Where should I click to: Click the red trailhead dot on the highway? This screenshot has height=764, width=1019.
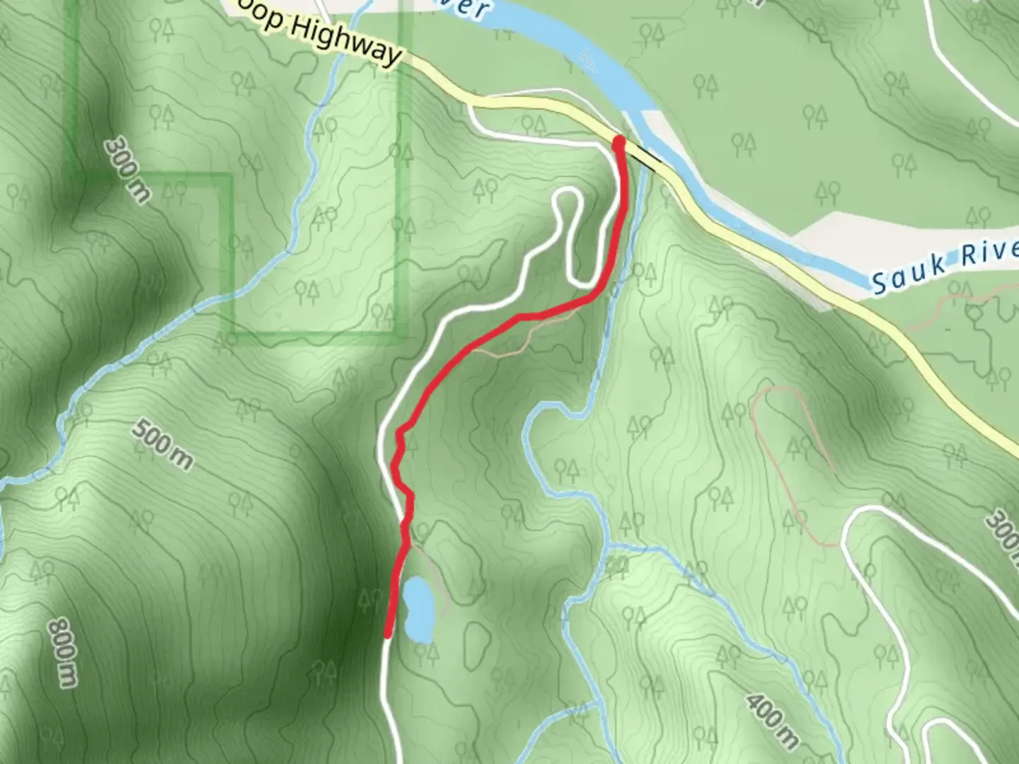coord(619,144)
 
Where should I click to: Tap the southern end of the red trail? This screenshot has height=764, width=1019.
coord(388,635)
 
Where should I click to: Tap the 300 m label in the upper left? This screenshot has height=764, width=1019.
coord(127,170)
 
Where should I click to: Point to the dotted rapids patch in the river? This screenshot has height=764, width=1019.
coord(587,59)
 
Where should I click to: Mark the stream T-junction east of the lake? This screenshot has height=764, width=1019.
coord(606,547)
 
